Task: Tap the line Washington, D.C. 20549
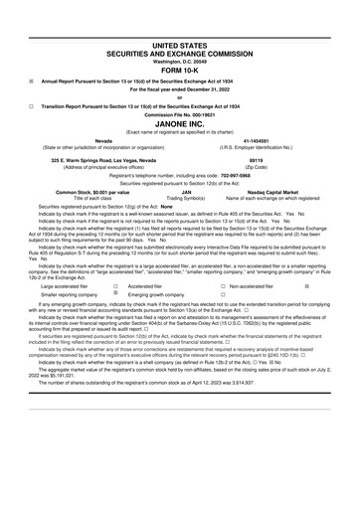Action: (x=180, y=33)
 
